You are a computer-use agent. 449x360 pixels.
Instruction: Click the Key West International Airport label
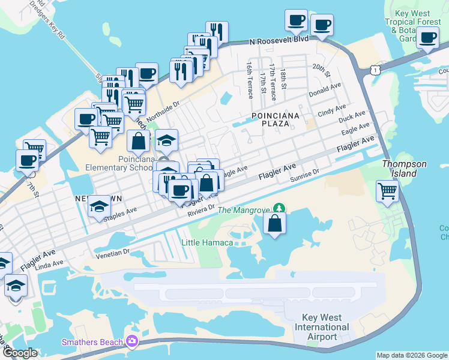[322, 327]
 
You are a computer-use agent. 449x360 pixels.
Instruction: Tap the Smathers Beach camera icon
[131, 342]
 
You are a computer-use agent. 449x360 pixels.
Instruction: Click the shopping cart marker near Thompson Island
[388, 192]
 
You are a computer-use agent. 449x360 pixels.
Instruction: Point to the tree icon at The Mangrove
[278, 209]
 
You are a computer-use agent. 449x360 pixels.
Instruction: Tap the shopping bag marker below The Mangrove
[274, 223]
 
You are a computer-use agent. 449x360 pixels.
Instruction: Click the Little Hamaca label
[207, 242]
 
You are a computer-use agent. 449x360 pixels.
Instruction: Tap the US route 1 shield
[375, 71]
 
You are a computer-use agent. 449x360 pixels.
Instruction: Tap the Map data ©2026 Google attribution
[411, 355]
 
